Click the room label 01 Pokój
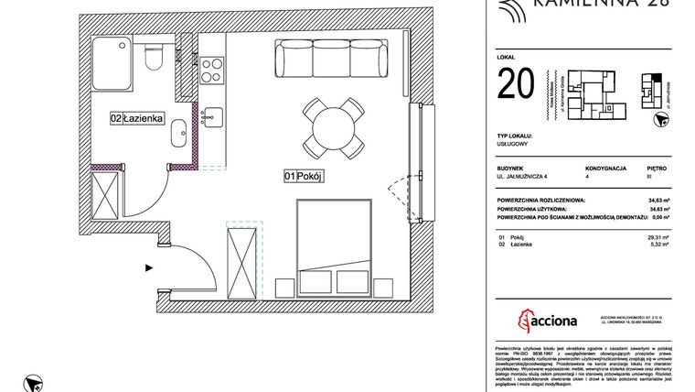pyautogui.click(x=305, y=177)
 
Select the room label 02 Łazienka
pyautogui.click(x=137, y=118)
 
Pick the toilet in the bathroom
pyautogui.click(x=156, y=59)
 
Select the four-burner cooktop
pyautogui.click(x=212, y=68)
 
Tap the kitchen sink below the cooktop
pyautogui.click(x=211, y=115)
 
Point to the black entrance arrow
pyautogui.click(x=148, y=268)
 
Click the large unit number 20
pyautogui.click(x=518, y=86)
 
